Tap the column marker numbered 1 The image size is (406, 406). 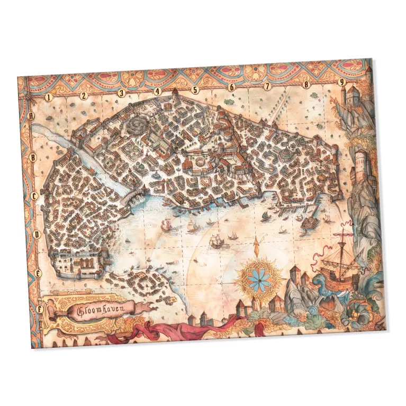tap(48, 97)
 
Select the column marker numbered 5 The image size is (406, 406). tap(195, 90)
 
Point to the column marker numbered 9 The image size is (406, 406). tap(342, 82)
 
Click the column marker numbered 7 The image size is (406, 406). tap(267, 86)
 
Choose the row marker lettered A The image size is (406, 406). tap(32, 115)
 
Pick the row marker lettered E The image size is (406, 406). tap(38, 273)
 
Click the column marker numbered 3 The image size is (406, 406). tap(121, 93)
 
